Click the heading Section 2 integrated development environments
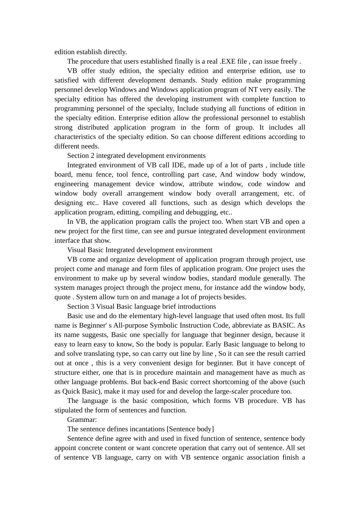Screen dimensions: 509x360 pos(136,156)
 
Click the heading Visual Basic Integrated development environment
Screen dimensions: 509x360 pos(140,250)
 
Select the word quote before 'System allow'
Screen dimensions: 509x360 pos(63,297)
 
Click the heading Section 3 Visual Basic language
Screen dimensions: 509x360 pos(141,307)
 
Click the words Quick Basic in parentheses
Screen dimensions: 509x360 pos(80,392)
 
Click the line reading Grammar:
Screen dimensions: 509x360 pos(82,420)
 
